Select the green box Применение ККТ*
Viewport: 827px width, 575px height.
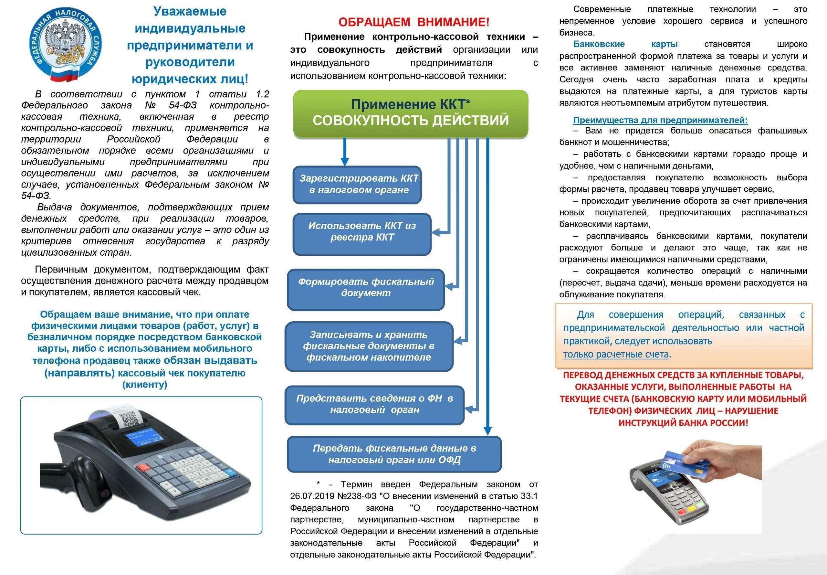point(411,113)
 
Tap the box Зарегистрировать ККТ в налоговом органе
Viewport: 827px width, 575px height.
point(358,184)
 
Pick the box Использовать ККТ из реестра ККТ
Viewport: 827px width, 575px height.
point(362,232)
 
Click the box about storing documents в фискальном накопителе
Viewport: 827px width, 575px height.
point(368,346)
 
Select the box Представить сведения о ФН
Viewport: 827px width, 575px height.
point(374,404)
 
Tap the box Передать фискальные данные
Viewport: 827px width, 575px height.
point(394,454)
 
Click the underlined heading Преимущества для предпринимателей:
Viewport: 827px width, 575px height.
point(660,120)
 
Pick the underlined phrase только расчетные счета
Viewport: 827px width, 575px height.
point(616,354)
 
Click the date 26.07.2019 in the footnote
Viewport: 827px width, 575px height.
point(312,496)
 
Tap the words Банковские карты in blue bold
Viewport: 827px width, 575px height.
point(625,44)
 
